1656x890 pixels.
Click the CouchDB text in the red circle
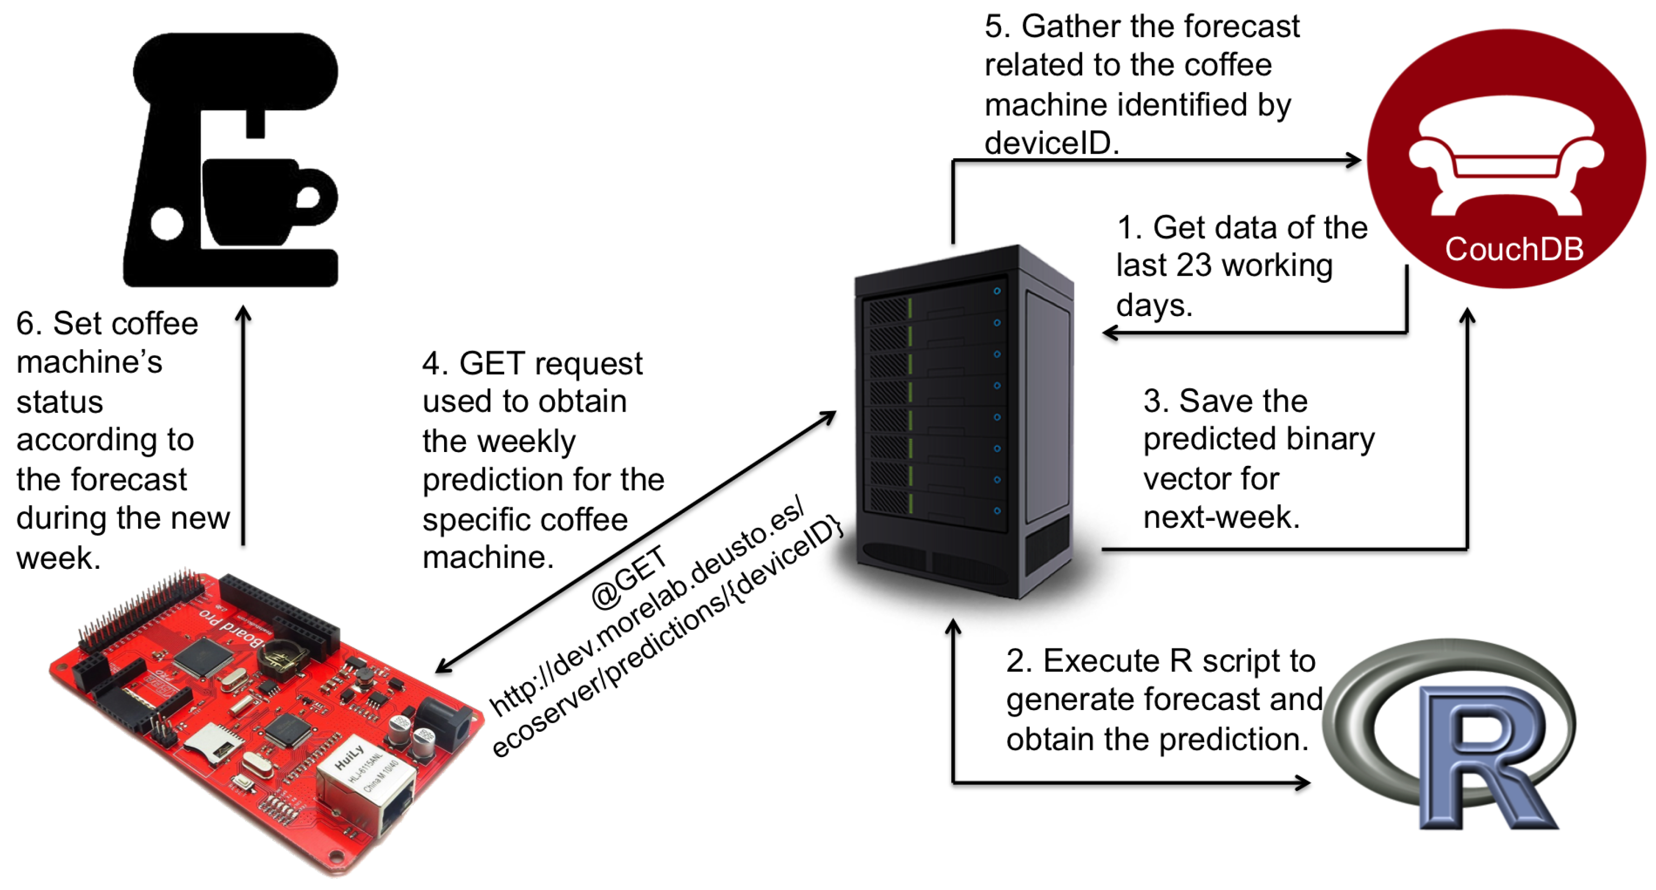(1513, 249)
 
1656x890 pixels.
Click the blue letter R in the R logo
(1485, 759)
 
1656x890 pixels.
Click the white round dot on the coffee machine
(166, 224)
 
